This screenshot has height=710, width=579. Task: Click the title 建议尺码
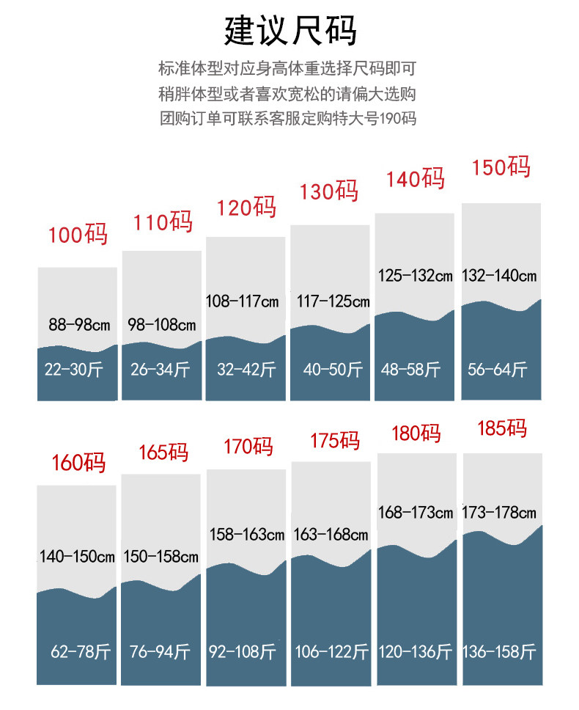click(x=290, y=31)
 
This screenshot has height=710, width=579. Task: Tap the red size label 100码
click(x=78, y=235)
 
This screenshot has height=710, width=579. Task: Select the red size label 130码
click(x=328, y=192)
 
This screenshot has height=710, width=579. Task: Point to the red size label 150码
click(x=501, y=167)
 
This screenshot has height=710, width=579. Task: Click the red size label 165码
click(x=163, y=453)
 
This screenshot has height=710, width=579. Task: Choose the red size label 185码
click(x=502, y=428)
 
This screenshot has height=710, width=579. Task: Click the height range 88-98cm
click(x=78, y=323)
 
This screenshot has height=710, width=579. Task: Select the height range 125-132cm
click(x=416, y=276)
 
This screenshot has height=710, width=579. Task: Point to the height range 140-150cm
click(x=77, y=557)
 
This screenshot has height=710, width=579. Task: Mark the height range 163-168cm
click(x=331, y=534)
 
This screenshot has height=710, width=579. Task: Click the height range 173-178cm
click(x=499, y=512)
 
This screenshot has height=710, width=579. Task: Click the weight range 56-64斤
click(x=498, y=370)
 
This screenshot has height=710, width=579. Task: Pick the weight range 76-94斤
click(x=160, y=651)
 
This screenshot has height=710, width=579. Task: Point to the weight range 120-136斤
click(x=415, y=651)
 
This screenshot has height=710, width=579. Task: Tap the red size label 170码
click(x=248, y=446)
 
